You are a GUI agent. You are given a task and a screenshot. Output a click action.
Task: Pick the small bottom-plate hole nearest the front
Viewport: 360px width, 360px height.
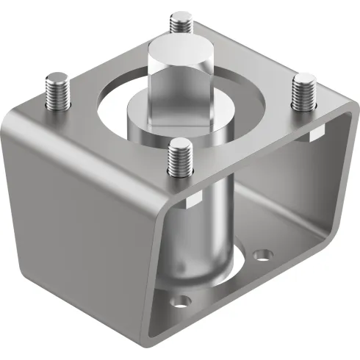coord(179,300)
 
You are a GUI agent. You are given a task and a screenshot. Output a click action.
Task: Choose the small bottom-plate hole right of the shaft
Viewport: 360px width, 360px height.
coord(262,256)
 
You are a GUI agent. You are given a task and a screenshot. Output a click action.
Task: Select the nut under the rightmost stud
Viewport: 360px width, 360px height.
coord(315,134)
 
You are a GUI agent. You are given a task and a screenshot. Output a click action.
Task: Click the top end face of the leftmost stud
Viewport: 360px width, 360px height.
coord(56,76)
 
